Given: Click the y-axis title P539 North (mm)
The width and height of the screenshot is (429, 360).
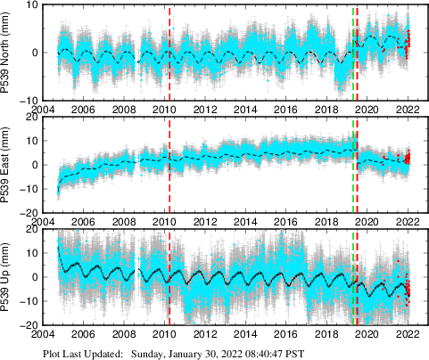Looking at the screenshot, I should point(8,52).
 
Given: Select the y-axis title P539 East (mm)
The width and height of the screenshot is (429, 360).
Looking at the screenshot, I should point(8,165).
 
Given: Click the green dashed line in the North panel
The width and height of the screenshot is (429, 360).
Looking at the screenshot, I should point(353,53).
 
